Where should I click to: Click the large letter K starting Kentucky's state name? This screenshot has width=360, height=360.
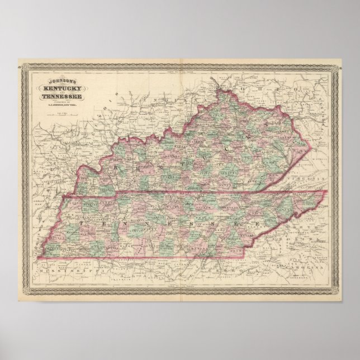(x=117, y=167)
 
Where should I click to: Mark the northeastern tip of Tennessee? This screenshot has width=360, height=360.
(x=325, y=192)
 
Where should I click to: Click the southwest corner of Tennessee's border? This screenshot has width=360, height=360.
(x=38, y=258)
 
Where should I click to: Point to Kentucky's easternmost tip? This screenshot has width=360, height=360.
(x=308, y=146)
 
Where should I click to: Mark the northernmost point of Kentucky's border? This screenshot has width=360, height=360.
(x=230, y=86)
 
